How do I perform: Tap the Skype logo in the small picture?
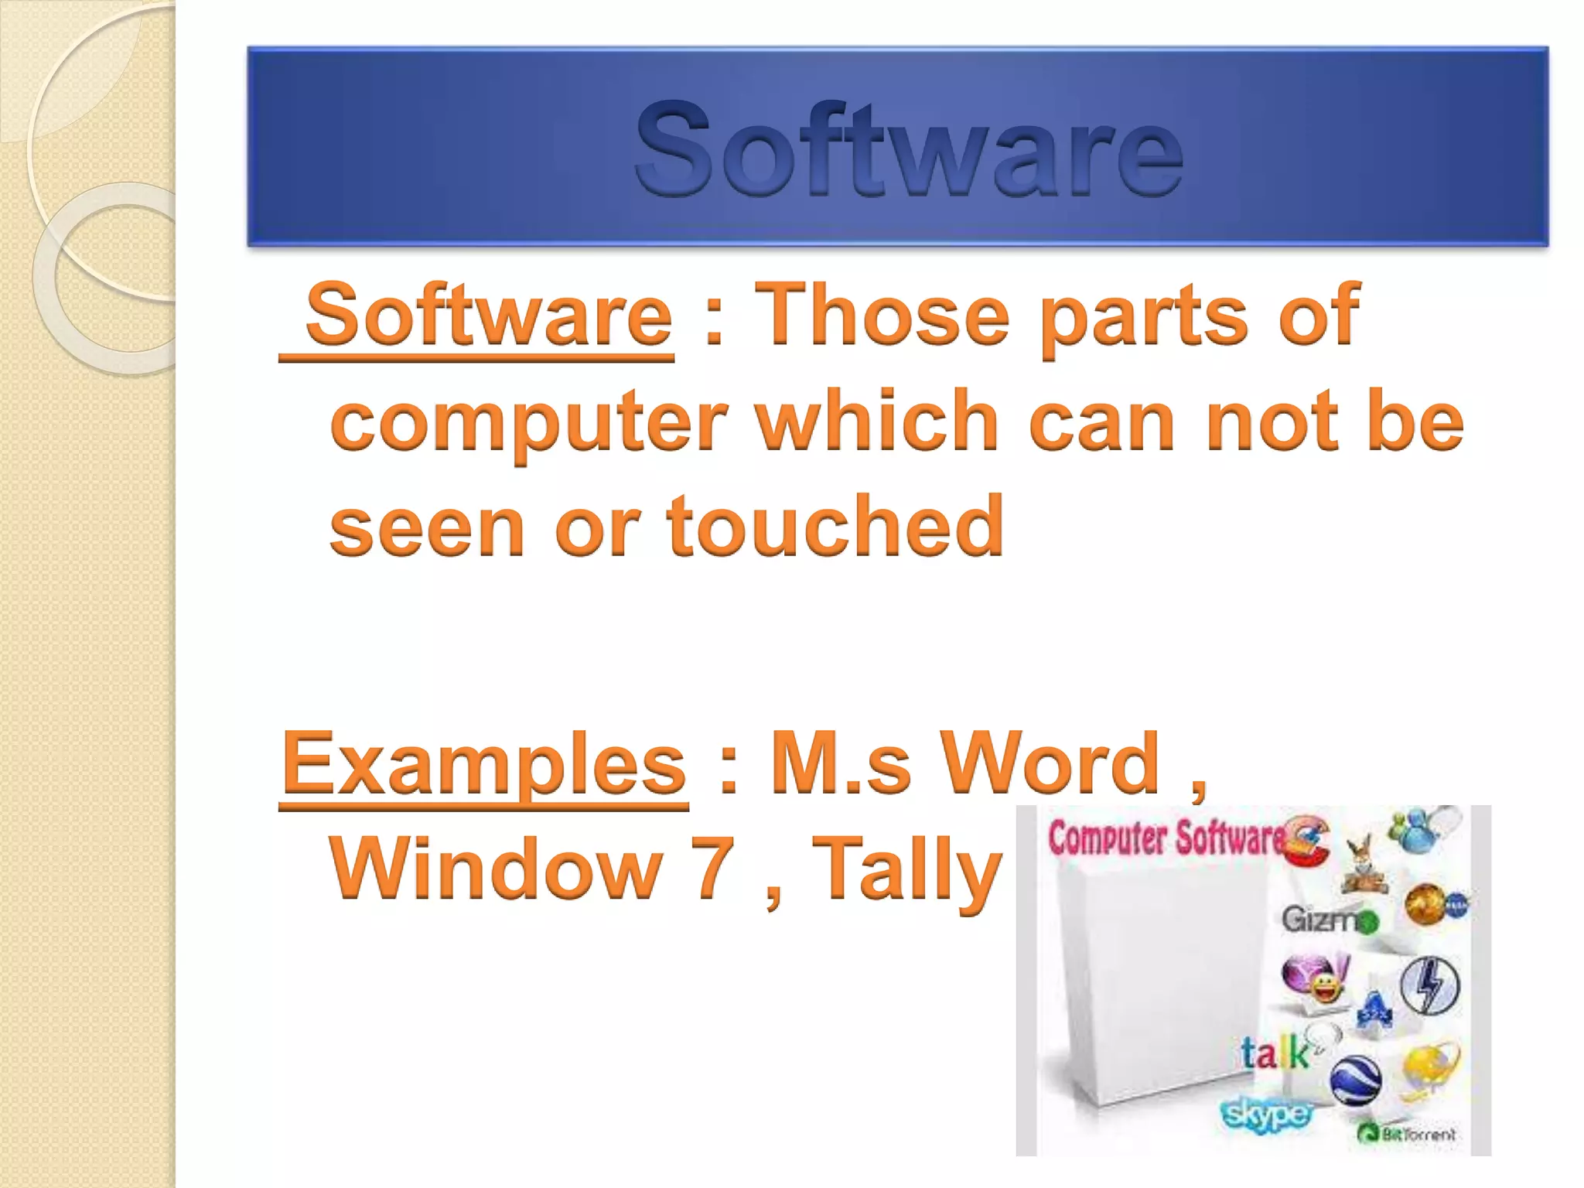coord(1266,1115)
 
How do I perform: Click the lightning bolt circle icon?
coord(1431,985)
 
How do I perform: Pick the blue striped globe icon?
coord(1357,1080)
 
